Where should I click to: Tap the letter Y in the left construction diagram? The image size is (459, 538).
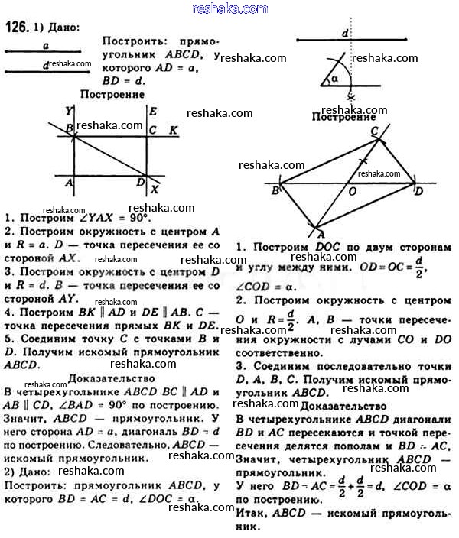click(x=69, y=110)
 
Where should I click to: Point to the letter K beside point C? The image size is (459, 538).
click(x=174, y=130)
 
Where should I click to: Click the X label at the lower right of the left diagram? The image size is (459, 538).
click(x=156, y=189)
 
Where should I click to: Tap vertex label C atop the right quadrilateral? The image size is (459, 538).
click(x=375, y=131)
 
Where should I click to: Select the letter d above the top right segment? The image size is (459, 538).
click(x=346, y=34)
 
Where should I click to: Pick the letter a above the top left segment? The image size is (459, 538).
click(x=47, y=47)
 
